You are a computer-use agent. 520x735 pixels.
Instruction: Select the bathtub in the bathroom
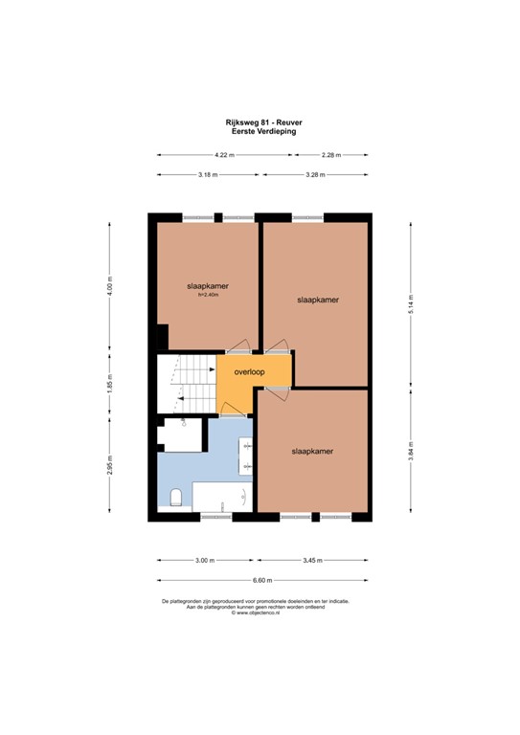pos(222,497)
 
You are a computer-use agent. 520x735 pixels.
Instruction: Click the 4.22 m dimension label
pos(223,155)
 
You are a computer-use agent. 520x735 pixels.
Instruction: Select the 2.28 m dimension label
pos(331,155)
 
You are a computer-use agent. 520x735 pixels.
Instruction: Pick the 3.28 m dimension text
pos(315,175)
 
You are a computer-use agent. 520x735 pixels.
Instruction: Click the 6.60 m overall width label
pos(262,581)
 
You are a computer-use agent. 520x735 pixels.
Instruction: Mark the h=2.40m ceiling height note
pos(208,296)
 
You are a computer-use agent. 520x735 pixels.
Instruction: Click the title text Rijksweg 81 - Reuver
pos(260,122)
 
